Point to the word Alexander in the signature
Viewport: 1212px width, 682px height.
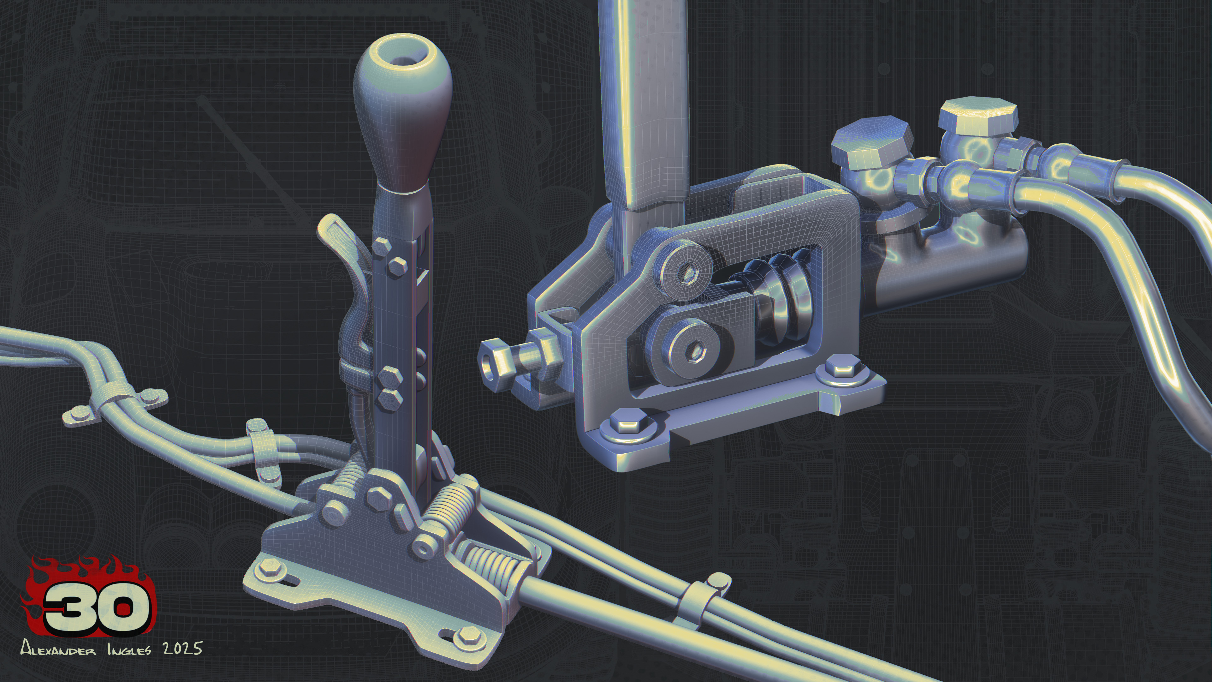(x=58, y=649)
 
